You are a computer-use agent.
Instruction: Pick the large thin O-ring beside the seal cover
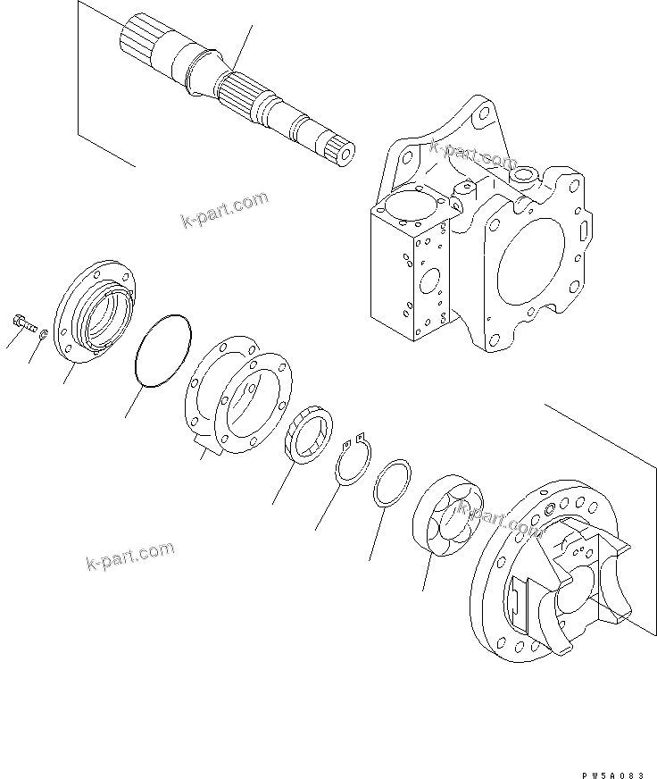tap(162, 351)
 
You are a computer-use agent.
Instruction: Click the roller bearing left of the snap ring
tap(309, 439)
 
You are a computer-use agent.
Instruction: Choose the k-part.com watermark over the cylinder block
tap(500, 520)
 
